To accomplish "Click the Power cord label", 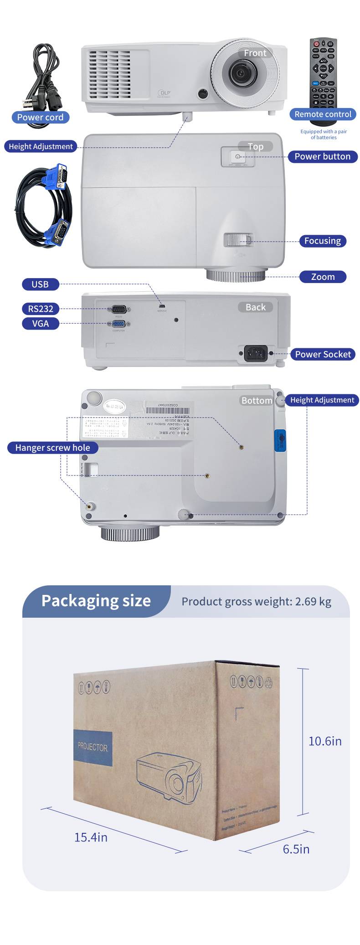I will tap(40, 117).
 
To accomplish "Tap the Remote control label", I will tap(323, 114).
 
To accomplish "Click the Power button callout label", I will tap(322, 156).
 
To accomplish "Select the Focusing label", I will tap(322, 241).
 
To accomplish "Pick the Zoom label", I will tap(323, 277).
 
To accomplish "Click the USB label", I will tap(40, 284).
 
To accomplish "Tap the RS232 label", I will tap(41, 309).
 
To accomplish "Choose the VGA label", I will tap(40, 324).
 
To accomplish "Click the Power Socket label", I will tap(323, 354).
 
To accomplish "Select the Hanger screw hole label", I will tap(52, 448).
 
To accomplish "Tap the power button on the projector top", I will tap(238, 157).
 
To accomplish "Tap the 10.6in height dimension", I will tap(325, 741).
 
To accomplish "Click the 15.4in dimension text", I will tap(91, 837).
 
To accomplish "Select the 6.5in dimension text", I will tap(296, 849).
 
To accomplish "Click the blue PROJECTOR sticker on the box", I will tap(93, 747).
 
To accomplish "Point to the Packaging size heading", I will tap(96, 601).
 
